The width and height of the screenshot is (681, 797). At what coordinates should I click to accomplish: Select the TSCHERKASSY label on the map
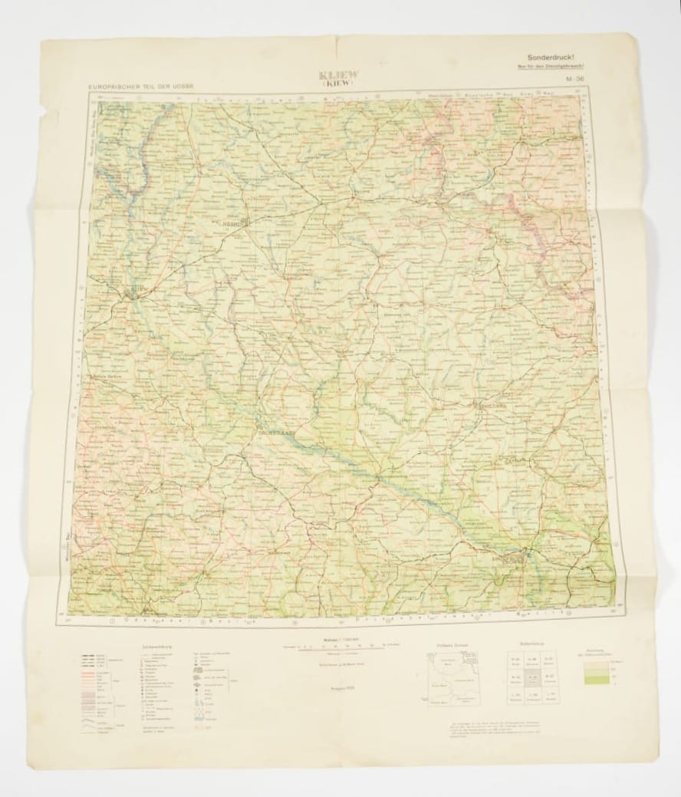click(x=275, y=430)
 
